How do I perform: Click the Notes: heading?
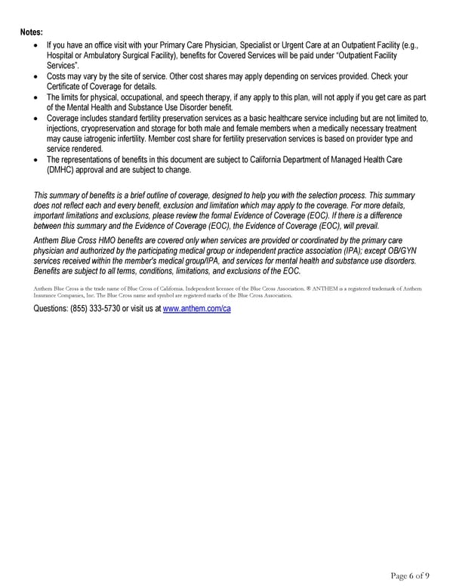tap(31, 32)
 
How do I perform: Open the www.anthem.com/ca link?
tap(196, 310)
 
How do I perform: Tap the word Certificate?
tap(66, 87)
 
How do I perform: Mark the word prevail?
tap(367, 226)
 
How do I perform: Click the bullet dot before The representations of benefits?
tap(38, 159)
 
